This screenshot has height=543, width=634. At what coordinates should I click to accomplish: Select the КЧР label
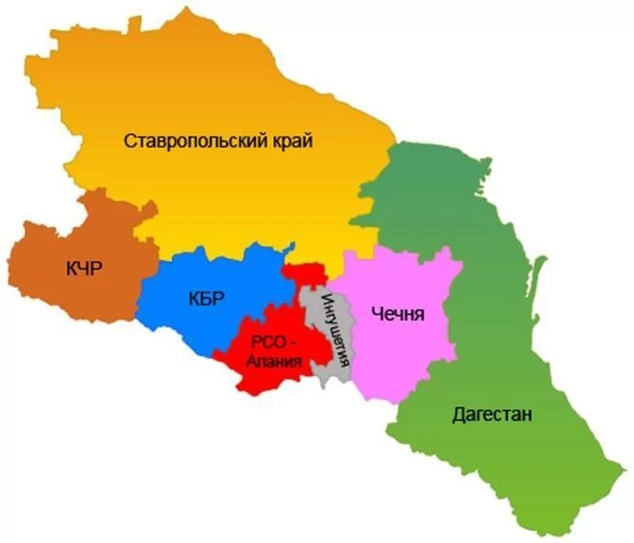pos(84,269)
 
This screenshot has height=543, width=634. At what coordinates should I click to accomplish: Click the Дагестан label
pos(492,414)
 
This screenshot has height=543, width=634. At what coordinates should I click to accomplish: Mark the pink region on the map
pos(398,351)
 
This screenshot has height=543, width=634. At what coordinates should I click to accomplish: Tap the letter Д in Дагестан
pos(460,415)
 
